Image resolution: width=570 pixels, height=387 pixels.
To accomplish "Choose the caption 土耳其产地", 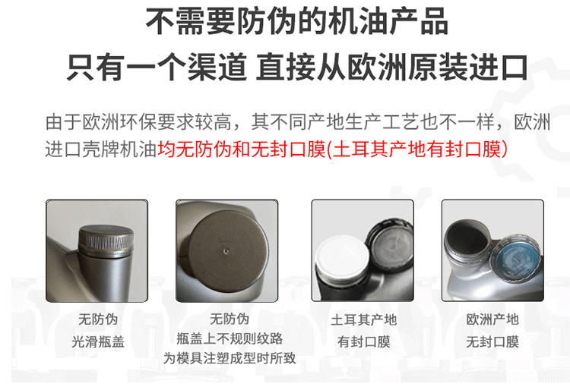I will [x=363, y=319].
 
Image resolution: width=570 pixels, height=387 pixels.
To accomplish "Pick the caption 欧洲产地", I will [x=492, y=319].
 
